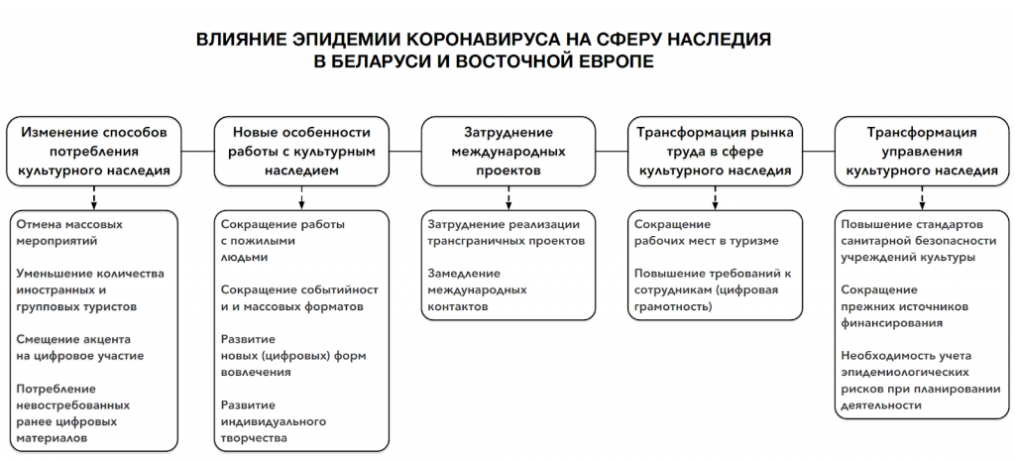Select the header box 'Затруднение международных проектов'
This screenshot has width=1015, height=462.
508,152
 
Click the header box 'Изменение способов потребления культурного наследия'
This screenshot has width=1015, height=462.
94,152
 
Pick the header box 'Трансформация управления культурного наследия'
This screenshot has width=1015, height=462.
922,152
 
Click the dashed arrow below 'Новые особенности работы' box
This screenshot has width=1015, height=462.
301,198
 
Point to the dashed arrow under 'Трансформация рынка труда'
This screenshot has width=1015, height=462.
716,198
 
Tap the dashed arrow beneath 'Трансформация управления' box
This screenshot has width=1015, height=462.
922,198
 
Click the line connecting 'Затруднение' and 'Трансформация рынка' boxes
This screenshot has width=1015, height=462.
612,152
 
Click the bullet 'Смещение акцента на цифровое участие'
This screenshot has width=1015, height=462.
80,347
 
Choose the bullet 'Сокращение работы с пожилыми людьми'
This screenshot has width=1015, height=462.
282,241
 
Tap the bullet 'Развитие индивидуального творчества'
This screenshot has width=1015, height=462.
273,421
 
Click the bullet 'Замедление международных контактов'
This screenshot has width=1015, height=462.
477,289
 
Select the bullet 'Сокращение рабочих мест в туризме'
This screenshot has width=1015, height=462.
706,232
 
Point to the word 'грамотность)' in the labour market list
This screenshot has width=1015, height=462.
673,306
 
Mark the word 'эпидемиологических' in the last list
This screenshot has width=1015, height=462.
904,373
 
